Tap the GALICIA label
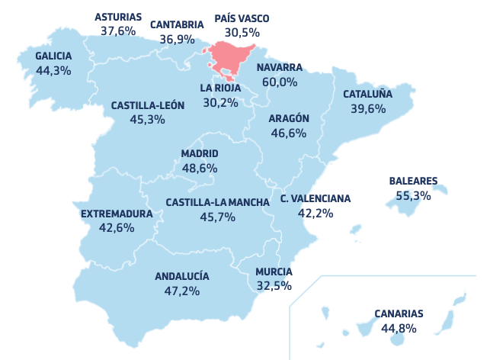(x=53, y=56)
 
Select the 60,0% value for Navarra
(x=279, y=82)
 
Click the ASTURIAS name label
(x=118, y=17)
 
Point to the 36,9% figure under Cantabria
(x=171, y=38)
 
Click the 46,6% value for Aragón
(x=288, y=133)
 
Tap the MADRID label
(x=200, y=153)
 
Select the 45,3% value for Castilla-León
(x=147, y=120)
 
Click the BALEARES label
(x=413, y=182)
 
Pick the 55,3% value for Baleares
(x=413, y=195)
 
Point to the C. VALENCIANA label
(x=315, y=198)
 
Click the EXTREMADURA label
(x=117, y=214)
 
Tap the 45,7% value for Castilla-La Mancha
(x=218, y=217)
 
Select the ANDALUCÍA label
(x=181, y=276)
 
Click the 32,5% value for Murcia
(x=274, y=286)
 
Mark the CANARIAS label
(x=399, y=313)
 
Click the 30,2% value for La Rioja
(x=220, y=102)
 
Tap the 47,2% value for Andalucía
(x=181, y=291)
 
